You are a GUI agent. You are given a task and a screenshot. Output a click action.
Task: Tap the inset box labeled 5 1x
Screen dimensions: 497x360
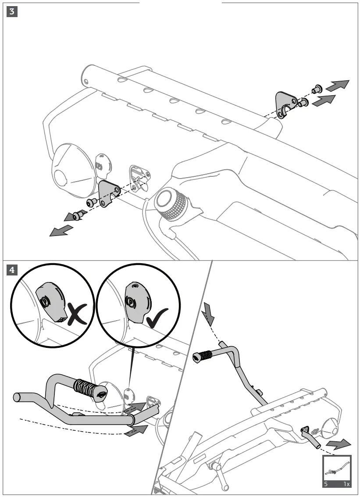point(337,471)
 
